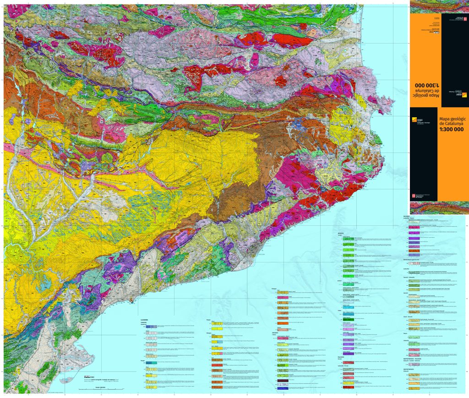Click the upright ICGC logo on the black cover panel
420,120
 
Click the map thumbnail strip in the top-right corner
439,7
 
